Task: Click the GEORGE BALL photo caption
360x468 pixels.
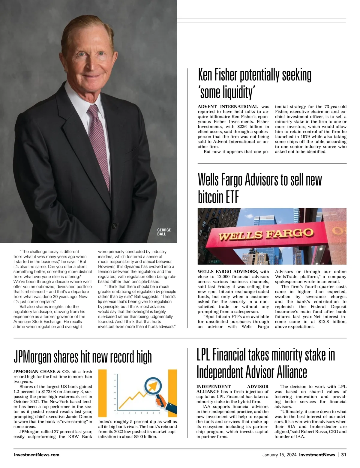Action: point(164,232)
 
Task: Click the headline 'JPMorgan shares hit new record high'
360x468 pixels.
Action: point(82,357)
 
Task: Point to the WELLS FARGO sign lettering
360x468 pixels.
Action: point(266,234)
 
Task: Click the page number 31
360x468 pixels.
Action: point(344,455)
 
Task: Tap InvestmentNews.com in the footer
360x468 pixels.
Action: point(37,455)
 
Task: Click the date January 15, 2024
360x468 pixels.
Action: point(279,455)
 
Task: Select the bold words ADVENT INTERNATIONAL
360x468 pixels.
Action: point(228,106)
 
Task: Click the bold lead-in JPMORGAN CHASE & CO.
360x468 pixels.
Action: point(41,371)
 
